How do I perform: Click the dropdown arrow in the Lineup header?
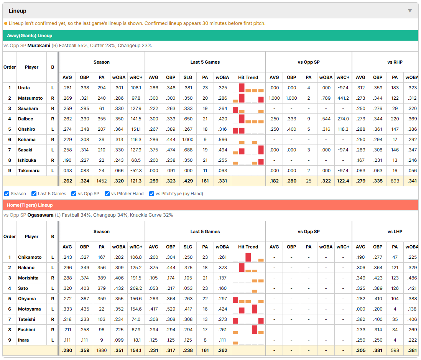coord(410,11)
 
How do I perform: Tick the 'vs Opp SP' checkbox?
coord(74,194)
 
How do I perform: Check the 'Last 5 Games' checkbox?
coord(34,194)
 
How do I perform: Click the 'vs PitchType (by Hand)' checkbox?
coord(152,194)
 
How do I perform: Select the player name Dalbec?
coord(26,119)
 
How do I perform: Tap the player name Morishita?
coord(28,278)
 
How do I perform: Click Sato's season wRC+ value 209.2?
coord(136,288)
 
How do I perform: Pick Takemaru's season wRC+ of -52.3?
coord(136,171)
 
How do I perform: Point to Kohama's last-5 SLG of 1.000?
coord(188,140)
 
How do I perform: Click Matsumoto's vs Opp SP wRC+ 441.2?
coord(343,98)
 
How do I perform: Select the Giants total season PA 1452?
coord(102,181)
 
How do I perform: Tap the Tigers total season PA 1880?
coord(102,350)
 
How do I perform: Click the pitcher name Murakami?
coord(39,46)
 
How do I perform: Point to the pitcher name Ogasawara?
coord(41,215)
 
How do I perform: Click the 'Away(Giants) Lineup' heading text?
coord(30,36)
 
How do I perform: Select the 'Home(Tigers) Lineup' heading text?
coord(30,205)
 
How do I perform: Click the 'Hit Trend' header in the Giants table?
coord(248,77)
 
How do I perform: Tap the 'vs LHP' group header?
coord(395,232)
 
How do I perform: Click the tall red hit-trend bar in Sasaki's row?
coord(261,150)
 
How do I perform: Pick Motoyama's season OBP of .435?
coord(84,309)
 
